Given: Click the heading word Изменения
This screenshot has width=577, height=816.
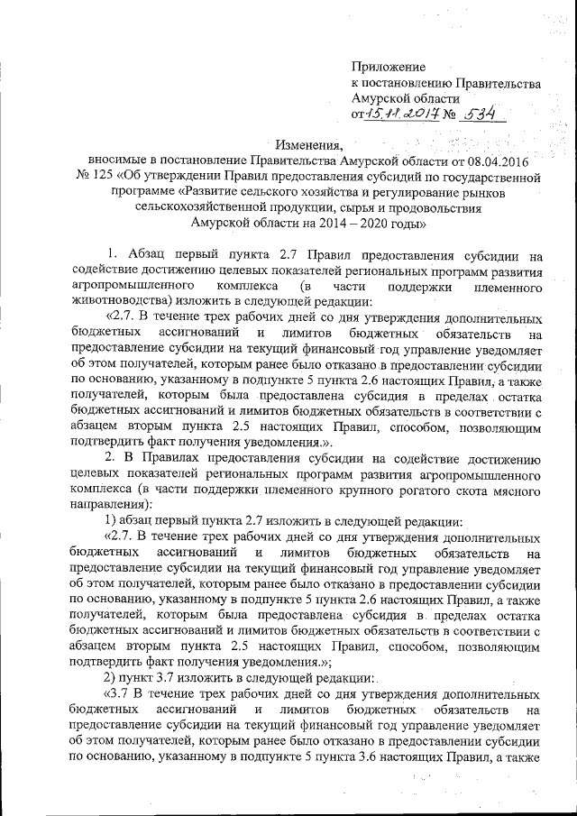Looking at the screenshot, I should click(x=312, y=145).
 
